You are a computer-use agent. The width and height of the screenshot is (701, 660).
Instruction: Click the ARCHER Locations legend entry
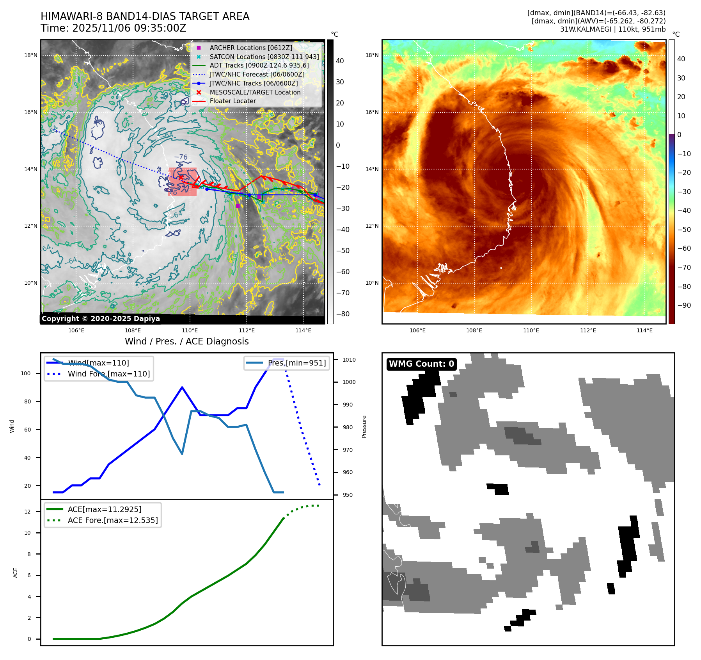click(x=250, y=48)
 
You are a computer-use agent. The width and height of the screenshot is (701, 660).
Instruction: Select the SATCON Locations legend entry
click(x=264, y=57)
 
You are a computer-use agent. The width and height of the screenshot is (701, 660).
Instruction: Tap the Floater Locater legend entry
click(x=232, y=101)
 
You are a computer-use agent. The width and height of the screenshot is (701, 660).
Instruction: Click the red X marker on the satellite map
click(x=181, y=177)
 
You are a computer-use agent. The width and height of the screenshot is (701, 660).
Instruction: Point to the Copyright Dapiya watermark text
click(x=101, y=319)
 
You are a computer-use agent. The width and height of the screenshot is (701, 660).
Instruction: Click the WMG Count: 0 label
click(x=421, y=364)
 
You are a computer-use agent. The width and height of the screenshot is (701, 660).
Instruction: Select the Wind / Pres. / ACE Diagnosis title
click(x=186, y=341)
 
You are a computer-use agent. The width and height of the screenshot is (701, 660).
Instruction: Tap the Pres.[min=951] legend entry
click(x=296, y=363)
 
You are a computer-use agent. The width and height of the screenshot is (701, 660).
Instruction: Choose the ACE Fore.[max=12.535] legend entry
click(x=113, y=520)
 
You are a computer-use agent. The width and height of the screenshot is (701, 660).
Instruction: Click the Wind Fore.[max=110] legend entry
click(x=108, y=374)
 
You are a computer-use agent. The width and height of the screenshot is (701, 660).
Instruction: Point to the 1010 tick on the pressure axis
click(x=349, y=360)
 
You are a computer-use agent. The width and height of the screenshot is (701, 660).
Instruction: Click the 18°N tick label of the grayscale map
click(x=31, y=55)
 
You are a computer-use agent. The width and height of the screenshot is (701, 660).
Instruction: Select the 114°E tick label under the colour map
click(x=644, y=330)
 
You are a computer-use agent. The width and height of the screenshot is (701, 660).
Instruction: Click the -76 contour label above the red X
click(x=181, y=157)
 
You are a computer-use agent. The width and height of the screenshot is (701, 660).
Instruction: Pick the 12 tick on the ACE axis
click(x=27, y=512)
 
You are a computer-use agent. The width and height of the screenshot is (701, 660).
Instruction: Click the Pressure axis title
click(x=364, y=426)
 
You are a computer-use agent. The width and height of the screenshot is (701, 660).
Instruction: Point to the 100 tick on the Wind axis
click(x=26, y=373)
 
